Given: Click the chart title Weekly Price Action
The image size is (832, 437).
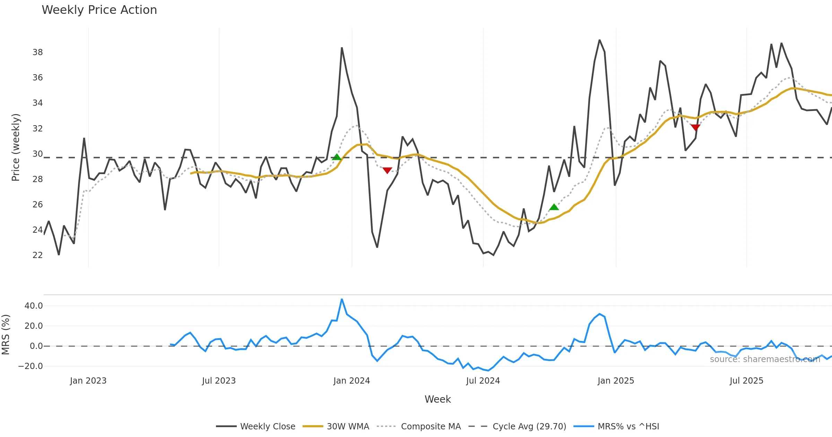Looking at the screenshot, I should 99,10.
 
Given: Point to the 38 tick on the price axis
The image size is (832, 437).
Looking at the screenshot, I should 37,52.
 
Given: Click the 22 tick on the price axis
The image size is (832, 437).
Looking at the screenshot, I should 37,255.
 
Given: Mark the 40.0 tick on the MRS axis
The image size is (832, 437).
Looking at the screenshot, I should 33,306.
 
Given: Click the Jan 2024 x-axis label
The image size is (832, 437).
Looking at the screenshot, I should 352,381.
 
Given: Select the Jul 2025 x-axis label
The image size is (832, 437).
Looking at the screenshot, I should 746,381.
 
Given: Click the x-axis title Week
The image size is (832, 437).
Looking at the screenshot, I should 437,400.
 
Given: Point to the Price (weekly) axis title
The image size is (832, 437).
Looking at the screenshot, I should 16,147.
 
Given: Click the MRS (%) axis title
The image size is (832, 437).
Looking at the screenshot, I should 6,335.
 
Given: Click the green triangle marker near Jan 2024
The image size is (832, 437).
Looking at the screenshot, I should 337,157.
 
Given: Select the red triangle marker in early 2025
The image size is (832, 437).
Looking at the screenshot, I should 695,128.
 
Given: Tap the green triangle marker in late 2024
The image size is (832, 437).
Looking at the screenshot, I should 554,207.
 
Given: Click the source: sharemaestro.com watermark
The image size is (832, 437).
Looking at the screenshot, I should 765,359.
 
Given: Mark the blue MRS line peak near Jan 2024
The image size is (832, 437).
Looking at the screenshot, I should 342,299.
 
